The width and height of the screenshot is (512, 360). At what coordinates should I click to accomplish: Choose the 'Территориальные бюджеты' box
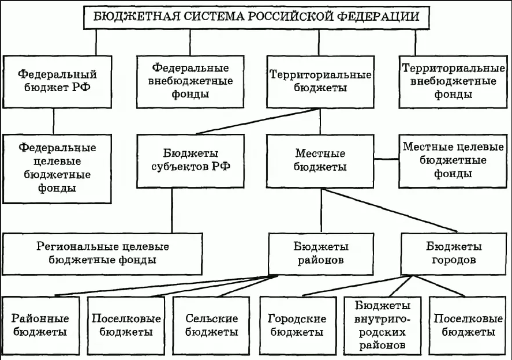[320, 81]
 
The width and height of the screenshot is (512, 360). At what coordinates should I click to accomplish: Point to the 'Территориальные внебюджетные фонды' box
[449, 81]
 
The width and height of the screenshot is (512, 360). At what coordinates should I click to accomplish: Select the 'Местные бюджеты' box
[320, 162]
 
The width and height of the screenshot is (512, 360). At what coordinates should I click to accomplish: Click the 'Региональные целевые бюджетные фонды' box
[103, 253]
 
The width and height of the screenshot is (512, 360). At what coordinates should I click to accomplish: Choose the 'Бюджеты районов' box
[321, 253]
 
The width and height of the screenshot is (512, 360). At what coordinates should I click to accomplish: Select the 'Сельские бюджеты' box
[212, 325]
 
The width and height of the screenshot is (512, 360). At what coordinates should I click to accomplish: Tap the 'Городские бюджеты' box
[297, 325]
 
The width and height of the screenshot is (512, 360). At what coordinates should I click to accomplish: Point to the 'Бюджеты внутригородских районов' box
[383, 325]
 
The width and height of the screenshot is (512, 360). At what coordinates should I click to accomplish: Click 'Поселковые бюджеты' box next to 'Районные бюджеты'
[126, 325]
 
